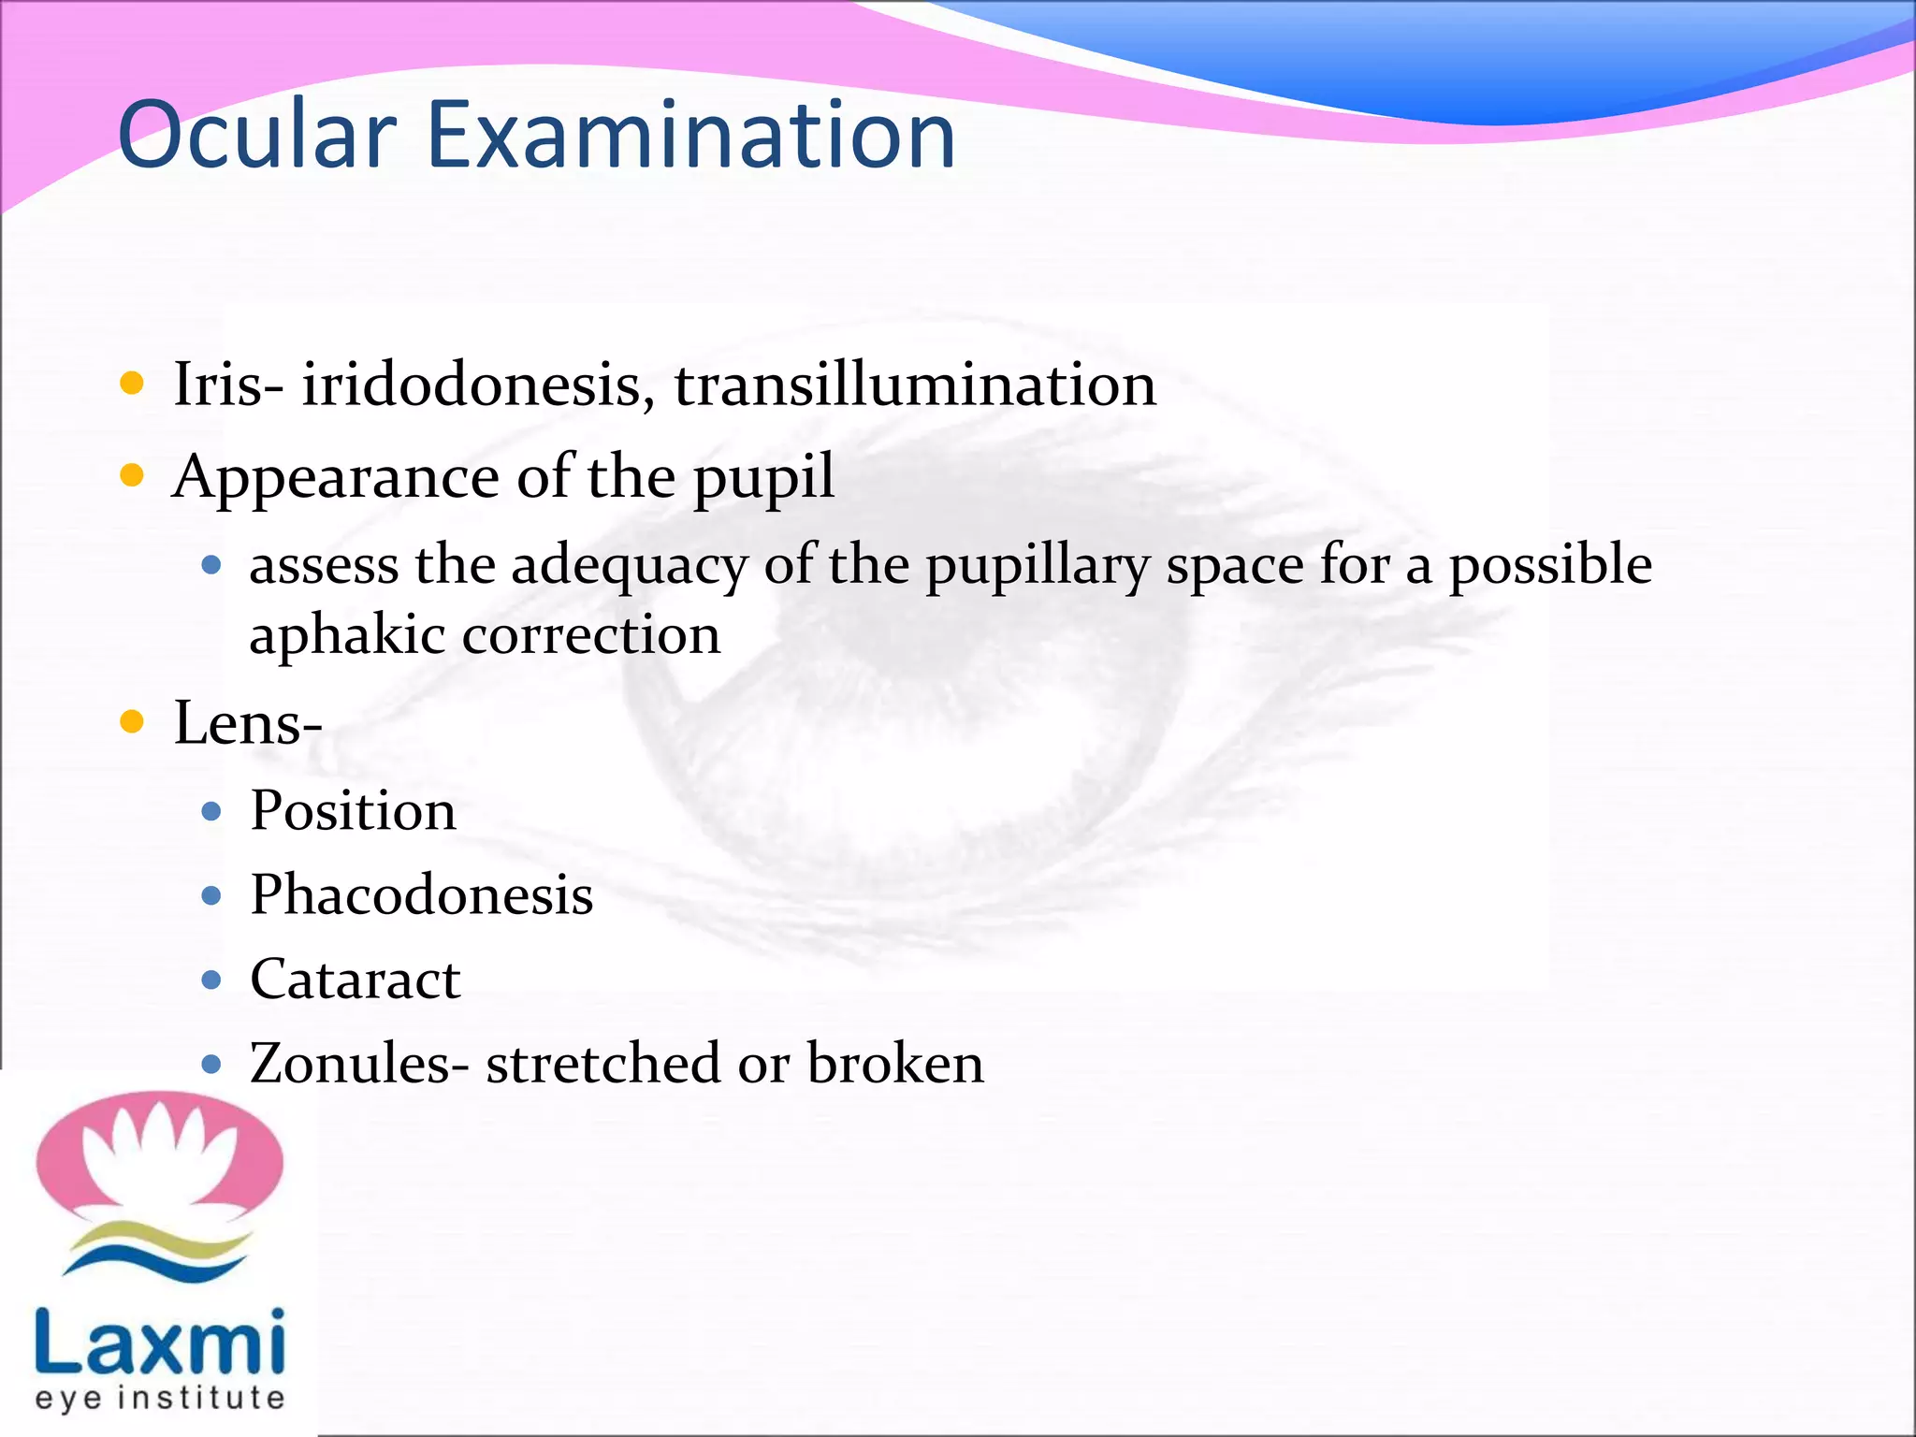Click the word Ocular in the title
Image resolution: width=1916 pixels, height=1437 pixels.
pyautogui.click(x=257, y=136)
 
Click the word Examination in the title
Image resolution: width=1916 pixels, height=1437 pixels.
pyautogui.click(x=690, y=136)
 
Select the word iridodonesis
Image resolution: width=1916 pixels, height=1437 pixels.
pyautogui.click(x=478, y=385)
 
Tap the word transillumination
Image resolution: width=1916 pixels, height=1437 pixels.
pyautogui.click(x=915, y=385)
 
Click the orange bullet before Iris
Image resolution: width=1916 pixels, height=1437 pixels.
pyautogui.click(x=133, y=383)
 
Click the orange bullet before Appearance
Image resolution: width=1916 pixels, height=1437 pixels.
pyautogui.click(x=133, y=476)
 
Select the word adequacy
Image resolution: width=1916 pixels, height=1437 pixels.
pyautogui.click(x=629, y=567)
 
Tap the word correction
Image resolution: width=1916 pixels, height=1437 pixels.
pyautogui.click(x=591, y=636)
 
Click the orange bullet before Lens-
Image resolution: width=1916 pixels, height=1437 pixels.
pyautogui.click(x=133, y=721)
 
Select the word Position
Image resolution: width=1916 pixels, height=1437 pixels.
pyautogui.click(x=353, y=810)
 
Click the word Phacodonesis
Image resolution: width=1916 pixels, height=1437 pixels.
pyautogui.click(x=421, y=894)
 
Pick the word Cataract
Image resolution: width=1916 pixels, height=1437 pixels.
pyautogui.click(x=355, y=980)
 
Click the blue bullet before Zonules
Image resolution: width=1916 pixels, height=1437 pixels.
pyautogui.click(x=211, y=1064)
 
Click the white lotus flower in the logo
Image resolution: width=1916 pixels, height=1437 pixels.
pyautogui.click(x=159, y=1155)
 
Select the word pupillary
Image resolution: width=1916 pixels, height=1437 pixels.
pyautogui.click(x=1038, y=567)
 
